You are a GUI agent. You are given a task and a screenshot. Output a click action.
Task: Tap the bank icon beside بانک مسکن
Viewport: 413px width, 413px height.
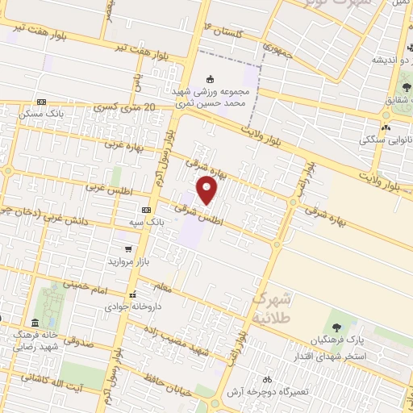(41, 102)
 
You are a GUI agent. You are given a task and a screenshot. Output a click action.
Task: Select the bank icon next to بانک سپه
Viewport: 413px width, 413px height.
(146, 209)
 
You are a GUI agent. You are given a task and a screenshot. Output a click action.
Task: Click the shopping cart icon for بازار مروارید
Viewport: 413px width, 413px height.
(128, 248)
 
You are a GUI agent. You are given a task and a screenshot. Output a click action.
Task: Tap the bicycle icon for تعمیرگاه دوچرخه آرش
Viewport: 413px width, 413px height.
(266, 379)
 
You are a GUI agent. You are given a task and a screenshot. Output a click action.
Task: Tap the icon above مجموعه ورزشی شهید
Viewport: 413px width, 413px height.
(211, 79)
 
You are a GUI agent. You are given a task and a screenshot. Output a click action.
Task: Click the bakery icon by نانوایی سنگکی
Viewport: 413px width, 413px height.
(386, 127)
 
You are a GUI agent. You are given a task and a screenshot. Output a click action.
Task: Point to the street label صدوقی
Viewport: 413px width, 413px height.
(78, 343)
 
